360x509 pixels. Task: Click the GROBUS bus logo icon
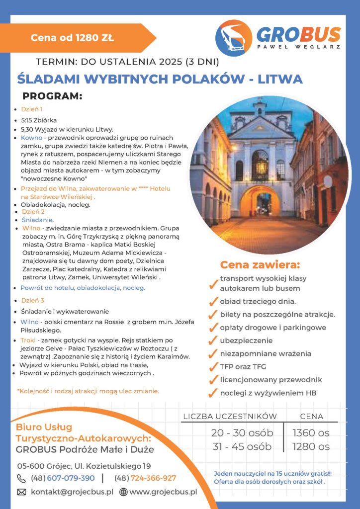234,38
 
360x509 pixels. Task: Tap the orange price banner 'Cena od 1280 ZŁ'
73,37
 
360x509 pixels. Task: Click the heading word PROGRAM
52,95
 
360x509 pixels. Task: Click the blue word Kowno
31,137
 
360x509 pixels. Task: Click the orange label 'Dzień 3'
32,300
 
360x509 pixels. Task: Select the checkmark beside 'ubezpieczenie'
213,341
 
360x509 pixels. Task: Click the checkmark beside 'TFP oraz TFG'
213,367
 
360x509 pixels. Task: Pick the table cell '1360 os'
311,432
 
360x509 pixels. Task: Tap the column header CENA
311,416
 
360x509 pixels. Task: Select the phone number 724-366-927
153,478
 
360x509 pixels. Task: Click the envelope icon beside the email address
21,492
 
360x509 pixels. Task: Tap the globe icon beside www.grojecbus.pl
123,492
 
